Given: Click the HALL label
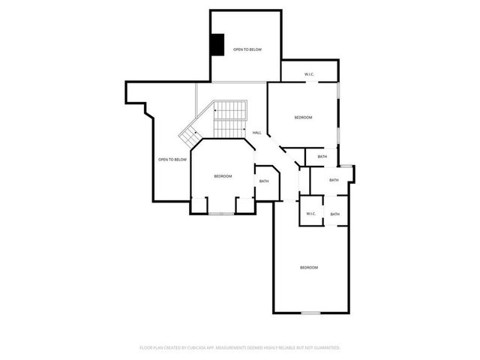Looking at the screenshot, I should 256,133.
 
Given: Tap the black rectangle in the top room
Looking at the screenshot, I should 217,45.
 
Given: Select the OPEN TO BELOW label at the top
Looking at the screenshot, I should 247,49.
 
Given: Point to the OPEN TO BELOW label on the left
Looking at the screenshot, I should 172,159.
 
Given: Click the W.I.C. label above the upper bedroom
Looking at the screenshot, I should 309,74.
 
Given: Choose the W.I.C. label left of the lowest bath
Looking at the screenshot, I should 311,214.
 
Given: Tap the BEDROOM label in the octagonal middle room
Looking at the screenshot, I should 223,176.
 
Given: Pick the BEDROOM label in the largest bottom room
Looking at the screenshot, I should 309,268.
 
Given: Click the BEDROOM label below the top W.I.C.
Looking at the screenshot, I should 303,118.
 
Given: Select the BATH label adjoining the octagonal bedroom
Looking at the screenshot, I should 264,181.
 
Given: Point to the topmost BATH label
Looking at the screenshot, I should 322,156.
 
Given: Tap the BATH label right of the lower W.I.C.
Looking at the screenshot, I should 334,214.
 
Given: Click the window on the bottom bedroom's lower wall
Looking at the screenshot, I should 310,312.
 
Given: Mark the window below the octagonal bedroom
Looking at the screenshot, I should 221,214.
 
